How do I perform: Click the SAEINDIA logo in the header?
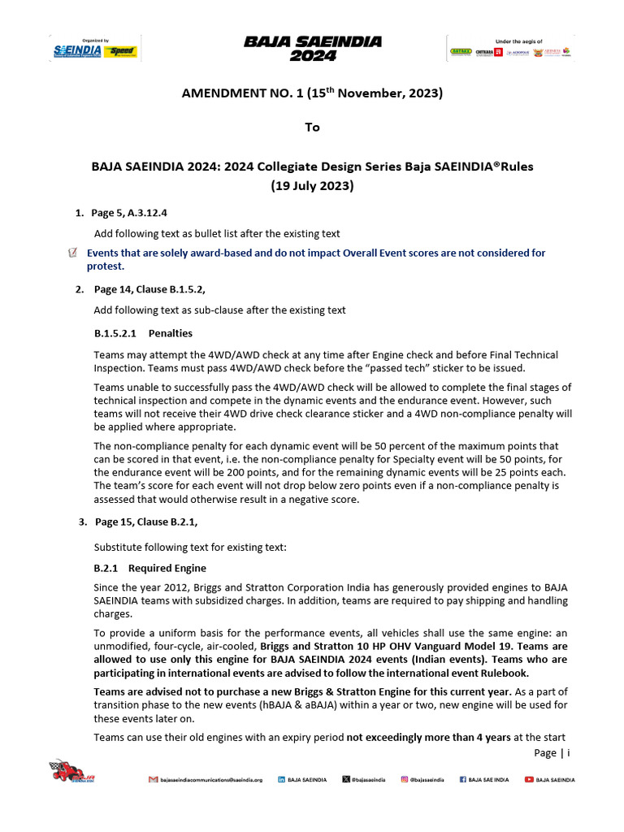(78, 51)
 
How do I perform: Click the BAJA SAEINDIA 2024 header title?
(312, 49)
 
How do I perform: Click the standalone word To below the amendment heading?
(312, 127)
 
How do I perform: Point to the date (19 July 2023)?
(312, 184)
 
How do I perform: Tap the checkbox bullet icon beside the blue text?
(74, 253)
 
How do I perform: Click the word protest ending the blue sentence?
(106, 266)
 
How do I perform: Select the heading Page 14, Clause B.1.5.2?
(155, 288)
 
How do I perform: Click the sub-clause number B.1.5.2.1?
(118, 333)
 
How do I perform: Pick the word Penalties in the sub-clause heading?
(171, 333)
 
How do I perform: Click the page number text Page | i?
(552, 752)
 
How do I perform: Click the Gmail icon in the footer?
(153, 779)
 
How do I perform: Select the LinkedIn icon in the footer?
(282, 779)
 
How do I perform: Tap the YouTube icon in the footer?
(529, 779)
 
